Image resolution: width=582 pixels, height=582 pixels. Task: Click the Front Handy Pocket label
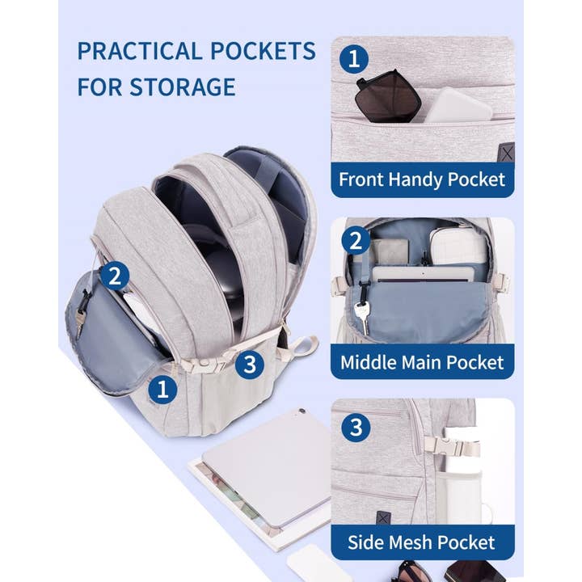click(421, 179)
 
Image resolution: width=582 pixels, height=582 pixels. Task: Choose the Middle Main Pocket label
click(421, 361)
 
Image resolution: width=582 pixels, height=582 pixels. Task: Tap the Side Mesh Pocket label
click(421, 541)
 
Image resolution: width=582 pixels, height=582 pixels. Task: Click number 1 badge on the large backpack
click(162, 390)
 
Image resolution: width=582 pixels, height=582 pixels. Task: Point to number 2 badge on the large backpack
click(115, 276)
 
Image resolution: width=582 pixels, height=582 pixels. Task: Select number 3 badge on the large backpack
click(250, 364)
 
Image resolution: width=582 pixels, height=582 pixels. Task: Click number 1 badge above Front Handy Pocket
click(354, 58)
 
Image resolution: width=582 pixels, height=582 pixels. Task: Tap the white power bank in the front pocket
click(457, 105)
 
